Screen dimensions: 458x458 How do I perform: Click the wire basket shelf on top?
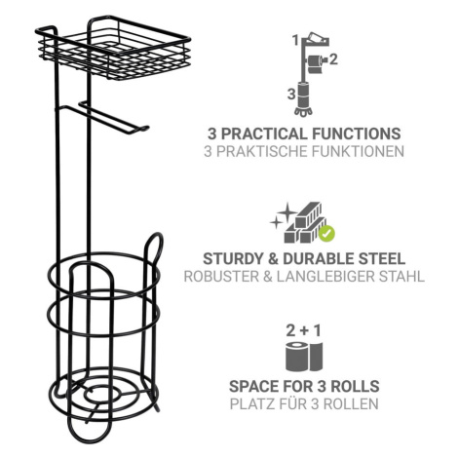[x=114, y=49]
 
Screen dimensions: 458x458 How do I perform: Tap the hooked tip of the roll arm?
[x=145, y=128]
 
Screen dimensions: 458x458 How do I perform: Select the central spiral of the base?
[x=103, y=394]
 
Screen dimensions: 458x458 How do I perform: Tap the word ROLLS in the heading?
[x=355, y=386]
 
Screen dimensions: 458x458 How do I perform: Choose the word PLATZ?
[x=250, y=404]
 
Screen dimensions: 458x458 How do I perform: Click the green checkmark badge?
[x=327, y=233]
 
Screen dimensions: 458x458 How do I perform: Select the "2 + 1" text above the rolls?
[x=304, y=330]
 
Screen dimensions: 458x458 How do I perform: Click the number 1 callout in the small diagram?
[x=295, y=41]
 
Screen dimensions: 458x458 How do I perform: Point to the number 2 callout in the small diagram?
[x=333, y=59]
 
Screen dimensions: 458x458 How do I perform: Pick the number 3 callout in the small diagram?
[x=291, y=95]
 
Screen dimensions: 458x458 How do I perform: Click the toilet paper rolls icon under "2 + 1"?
[x=304, y=357]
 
